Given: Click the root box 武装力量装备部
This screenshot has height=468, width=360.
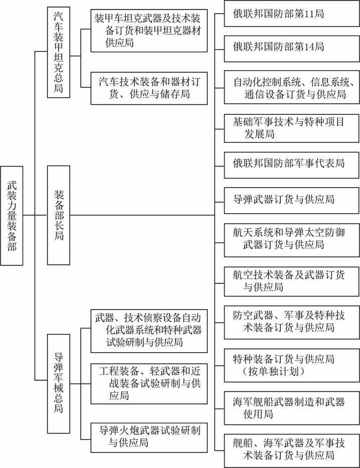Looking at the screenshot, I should tap(12, 216).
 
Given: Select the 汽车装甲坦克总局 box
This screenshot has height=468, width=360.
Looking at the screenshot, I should tap(59, 52).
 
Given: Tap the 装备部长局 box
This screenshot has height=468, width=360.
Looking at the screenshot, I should tap(59, 215).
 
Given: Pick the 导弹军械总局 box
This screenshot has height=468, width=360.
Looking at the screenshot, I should tap(59, 382).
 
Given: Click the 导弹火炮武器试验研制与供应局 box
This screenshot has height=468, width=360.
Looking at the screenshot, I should tap(149, 436).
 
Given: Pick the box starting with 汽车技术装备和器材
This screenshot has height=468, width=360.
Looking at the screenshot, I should tap(149, 87).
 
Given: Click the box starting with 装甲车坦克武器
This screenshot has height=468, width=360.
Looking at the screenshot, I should tap(149, 31).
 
